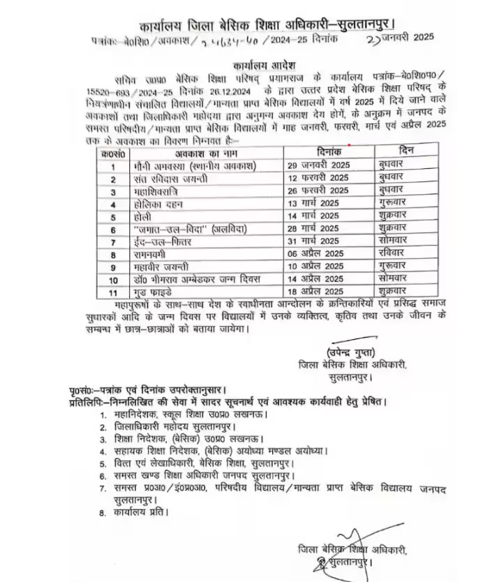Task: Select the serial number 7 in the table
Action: point(112,241)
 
